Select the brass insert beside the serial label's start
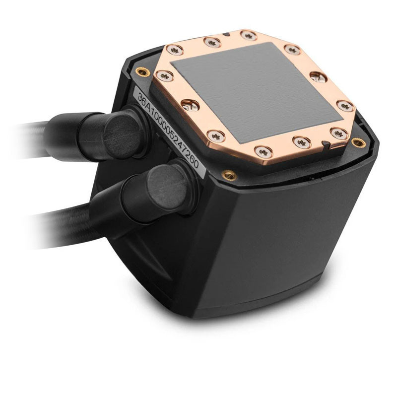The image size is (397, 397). [144, 72]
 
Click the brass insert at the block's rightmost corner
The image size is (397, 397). [355, 143]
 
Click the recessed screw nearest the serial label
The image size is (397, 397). [189, 104]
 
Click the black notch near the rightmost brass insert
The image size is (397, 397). [325, 143]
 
